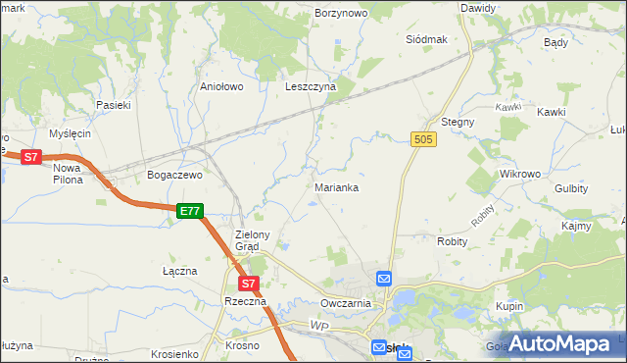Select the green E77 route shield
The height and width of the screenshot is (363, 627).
click(x=190, y=211)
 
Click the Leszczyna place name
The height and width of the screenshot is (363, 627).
click(x=311, y=86)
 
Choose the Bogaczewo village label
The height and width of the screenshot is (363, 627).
click(x=173, y=175)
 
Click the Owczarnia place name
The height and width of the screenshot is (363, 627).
click(x=345, y=304)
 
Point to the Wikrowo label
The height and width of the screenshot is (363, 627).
click(x=520, y=174)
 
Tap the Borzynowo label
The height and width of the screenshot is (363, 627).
click(x=341, y=14)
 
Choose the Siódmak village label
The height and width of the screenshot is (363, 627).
click(x=426, y=39)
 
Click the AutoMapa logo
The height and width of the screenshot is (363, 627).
click(x=558, y=343)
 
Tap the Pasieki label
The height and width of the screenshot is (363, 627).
click(x=114, y=104)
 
